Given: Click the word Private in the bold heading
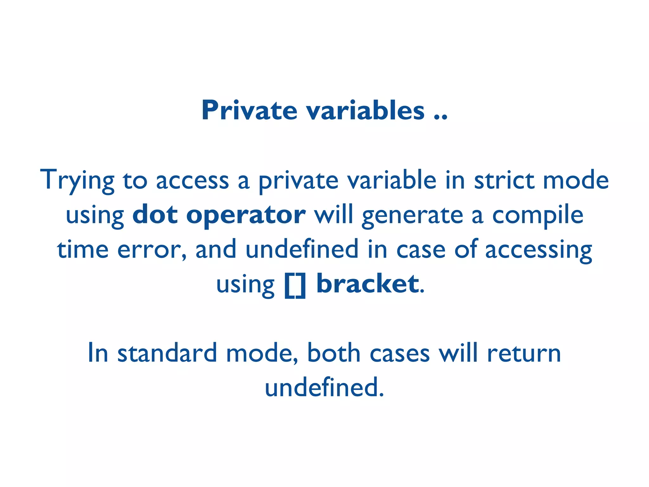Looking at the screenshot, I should [249, 110].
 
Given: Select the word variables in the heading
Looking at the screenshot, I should [365, 110].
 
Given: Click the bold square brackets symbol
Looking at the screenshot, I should [295, 285].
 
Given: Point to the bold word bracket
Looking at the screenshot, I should [368, 283].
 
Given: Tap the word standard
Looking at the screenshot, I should [167, 353].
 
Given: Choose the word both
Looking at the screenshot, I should [334, 353].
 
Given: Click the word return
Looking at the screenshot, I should [524, 354].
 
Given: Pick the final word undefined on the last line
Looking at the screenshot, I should [324, 387].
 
